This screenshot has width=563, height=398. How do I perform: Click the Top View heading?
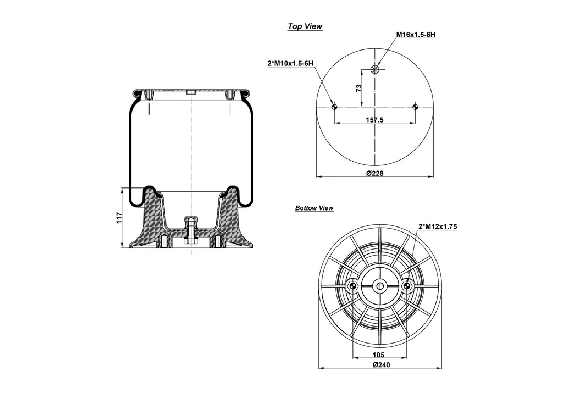(x=305, y=26)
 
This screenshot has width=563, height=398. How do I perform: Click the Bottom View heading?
(x=314, y=208)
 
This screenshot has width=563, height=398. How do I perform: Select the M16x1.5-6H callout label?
(x=416, y=35)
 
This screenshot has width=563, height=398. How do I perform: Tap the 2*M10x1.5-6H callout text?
(x=290, y=64)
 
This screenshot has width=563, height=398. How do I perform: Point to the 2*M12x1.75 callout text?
(x=438, y=226)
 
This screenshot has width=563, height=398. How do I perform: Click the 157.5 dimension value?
(x=374, y=119)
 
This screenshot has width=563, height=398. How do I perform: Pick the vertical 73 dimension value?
(x=358, y=88)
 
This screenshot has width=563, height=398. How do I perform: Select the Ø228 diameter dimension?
(x=374, y=173)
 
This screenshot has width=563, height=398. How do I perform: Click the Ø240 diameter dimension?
(x=380, y=366)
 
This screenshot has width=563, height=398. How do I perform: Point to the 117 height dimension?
(x=118, y=218)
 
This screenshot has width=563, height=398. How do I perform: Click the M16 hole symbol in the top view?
(x=375, y=69)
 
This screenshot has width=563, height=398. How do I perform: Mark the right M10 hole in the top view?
(x=416, y=107)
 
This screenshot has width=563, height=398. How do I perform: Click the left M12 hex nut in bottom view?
(x=352, y=285)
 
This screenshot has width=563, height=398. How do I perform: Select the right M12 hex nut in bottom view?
(x=407, y=285)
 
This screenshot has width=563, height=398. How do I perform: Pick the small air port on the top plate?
(x=190, y=93)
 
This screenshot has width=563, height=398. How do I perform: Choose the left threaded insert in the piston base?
(x=163, y=241)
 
